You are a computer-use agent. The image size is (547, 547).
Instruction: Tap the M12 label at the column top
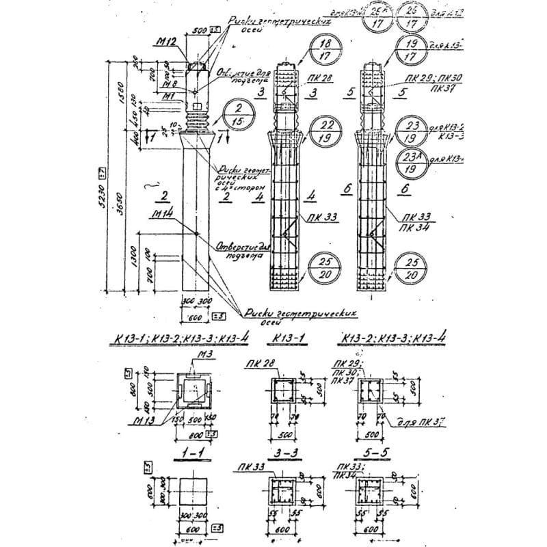tap(166, 42)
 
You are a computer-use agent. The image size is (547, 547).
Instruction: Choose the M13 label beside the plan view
tap(145, 419)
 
